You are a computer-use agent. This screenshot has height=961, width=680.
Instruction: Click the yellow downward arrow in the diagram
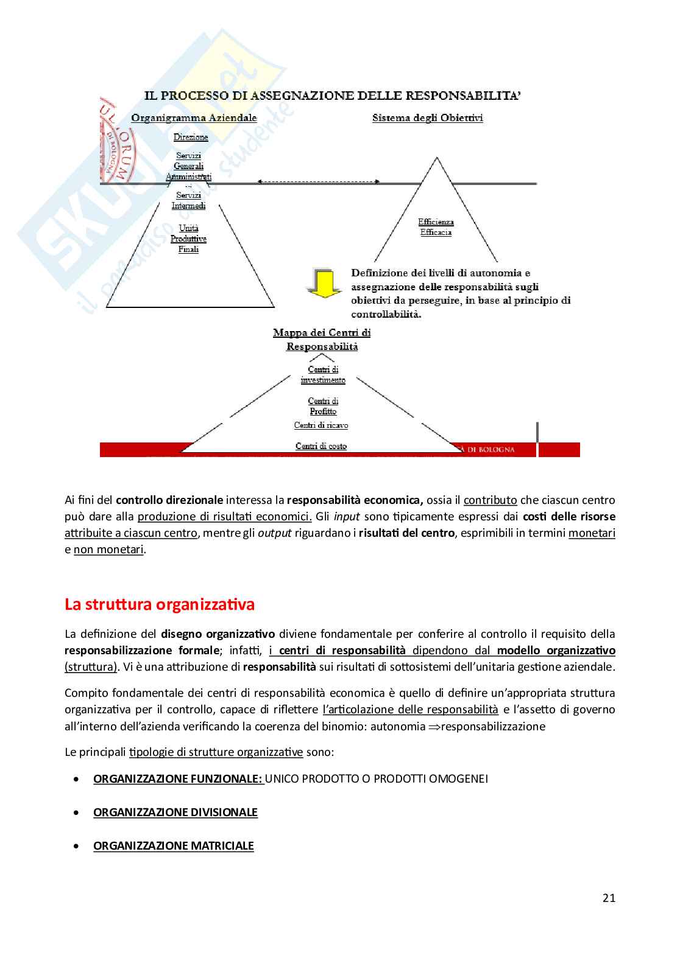click(323, 283)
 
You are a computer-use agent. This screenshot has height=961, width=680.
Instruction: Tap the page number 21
click(608, 898)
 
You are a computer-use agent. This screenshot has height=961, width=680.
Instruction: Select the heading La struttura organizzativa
click(160, 605)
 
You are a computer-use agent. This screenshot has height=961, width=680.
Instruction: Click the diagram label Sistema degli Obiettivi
click(427, 118)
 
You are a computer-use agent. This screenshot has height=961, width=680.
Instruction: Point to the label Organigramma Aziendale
click(194, 118)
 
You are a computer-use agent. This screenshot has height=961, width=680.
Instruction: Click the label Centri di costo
click(321, 446)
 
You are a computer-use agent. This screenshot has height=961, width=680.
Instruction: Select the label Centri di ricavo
click(321, 425)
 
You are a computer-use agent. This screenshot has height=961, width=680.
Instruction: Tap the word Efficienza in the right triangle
click(436, 222)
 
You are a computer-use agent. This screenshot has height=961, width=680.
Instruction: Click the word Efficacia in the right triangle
click(436, 232)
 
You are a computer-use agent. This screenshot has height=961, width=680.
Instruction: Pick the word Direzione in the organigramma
click(191, 138)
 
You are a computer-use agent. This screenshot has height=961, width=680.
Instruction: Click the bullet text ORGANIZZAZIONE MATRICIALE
click(173, 845)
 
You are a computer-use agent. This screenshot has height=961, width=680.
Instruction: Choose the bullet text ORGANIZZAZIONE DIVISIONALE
click(175, 812)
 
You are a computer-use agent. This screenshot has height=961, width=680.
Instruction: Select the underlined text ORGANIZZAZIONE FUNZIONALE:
click(177, 778)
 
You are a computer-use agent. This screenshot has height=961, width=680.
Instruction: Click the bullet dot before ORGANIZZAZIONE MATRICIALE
click(76, 846)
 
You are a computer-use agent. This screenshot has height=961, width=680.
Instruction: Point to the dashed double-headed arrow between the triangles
click(319, 181)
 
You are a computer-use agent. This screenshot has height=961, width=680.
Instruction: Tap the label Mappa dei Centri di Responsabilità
click(322, 340)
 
